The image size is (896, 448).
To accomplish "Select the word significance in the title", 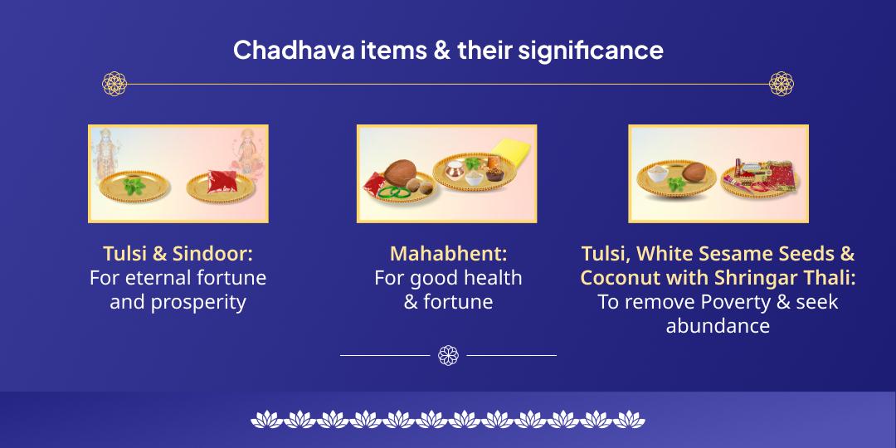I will [591, 51].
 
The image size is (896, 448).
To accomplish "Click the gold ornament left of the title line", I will [114, 83].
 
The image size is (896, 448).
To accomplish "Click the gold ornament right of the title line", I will [782, 83].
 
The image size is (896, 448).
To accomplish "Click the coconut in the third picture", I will [696, 173].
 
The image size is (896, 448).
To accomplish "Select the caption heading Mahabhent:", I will [448, 253].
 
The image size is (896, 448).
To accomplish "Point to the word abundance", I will [718, 326].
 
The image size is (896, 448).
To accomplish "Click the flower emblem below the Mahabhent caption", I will [448, 356].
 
